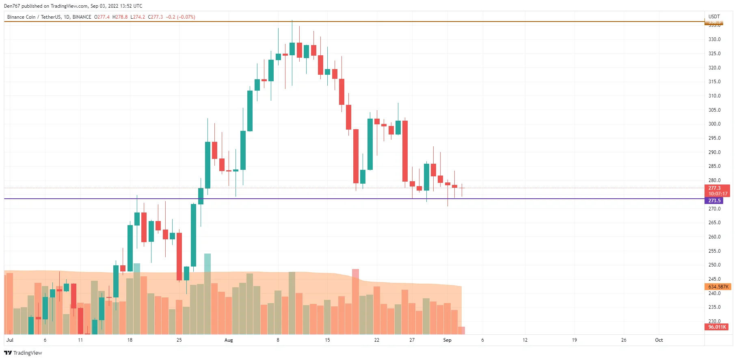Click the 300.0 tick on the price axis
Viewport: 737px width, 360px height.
coord(714,124)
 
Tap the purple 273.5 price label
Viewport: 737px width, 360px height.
coord(714,201)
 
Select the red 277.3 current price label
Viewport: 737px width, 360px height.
coord(714,188)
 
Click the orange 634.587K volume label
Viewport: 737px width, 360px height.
coord(718,287)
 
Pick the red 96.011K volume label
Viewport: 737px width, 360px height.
coord(717,327)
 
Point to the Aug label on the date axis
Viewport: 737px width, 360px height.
coord(229,340)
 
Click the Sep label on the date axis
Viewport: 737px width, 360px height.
coord(447,340)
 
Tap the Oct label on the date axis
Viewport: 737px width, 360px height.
coord(659,340)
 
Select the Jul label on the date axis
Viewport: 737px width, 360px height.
coord(10,340)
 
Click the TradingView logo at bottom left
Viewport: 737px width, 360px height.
coord(23,353)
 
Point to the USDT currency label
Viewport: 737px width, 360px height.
coord(714,17)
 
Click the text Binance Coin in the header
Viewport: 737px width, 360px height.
coord(22,17)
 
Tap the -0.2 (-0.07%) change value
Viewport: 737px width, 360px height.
coord(180,17)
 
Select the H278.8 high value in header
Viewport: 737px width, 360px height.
coord(120,17)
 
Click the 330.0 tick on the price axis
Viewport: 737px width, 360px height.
coord(714,39)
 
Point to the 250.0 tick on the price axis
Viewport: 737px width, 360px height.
coord(714,265)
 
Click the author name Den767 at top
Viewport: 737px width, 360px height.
coord(12,6)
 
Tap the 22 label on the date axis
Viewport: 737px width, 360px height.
coord(376,340)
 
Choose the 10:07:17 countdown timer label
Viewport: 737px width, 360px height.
coord(718,194)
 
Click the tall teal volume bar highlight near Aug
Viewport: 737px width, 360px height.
coord(207,262)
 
